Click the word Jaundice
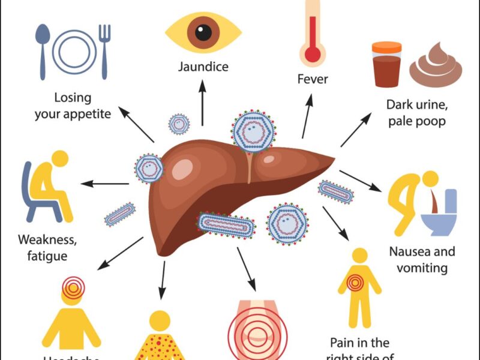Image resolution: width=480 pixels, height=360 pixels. [x=203, y=66]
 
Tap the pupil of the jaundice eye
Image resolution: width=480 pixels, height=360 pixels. [x=203, y=31]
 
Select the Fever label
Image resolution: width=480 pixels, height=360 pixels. [x=313, y=79]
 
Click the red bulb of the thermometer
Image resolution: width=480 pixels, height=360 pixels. [x=313, y=55]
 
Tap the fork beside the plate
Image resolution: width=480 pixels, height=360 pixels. [x=104, y=50]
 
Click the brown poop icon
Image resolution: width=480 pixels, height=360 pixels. [x=436, y=66]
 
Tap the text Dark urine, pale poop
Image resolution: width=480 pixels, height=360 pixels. [x=417, y=113]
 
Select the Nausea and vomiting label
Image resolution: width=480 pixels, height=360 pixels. [x=422, y=259]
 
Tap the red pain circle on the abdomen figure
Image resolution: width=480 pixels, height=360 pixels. [x=359, y=281]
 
